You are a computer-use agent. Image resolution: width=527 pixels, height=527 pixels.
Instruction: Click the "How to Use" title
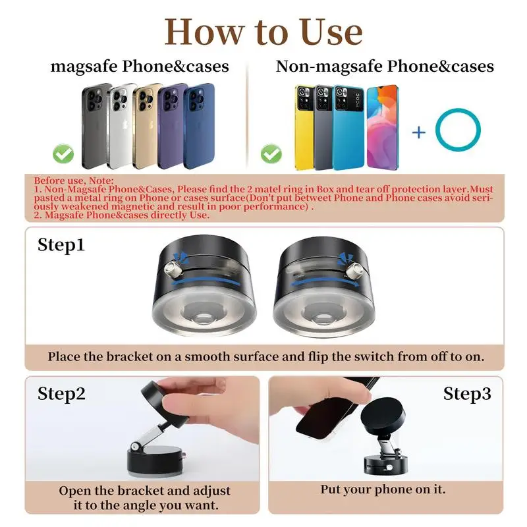[x=263, y=31]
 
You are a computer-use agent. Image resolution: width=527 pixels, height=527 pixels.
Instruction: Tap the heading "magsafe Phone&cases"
[x=140, y=66]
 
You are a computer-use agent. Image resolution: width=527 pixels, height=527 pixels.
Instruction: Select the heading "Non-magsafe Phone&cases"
[x=385, y=66]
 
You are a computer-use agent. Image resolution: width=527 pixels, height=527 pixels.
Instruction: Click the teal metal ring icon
[x=458, y=131]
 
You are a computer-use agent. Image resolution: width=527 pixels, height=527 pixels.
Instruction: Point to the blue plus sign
[x=419, y=132]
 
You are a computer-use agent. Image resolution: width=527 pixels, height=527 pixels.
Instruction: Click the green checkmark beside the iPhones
[x=64, y=155]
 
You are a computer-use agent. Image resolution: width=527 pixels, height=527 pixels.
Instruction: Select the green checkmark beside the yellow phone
[x=271, y=154]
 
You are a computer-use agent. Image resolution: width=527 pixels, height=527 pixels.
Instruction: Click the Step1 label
[x=61, y=245]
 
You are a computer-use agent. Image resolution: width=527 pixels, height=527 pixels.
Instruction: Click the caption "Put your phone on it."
[x=383, y=489]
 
